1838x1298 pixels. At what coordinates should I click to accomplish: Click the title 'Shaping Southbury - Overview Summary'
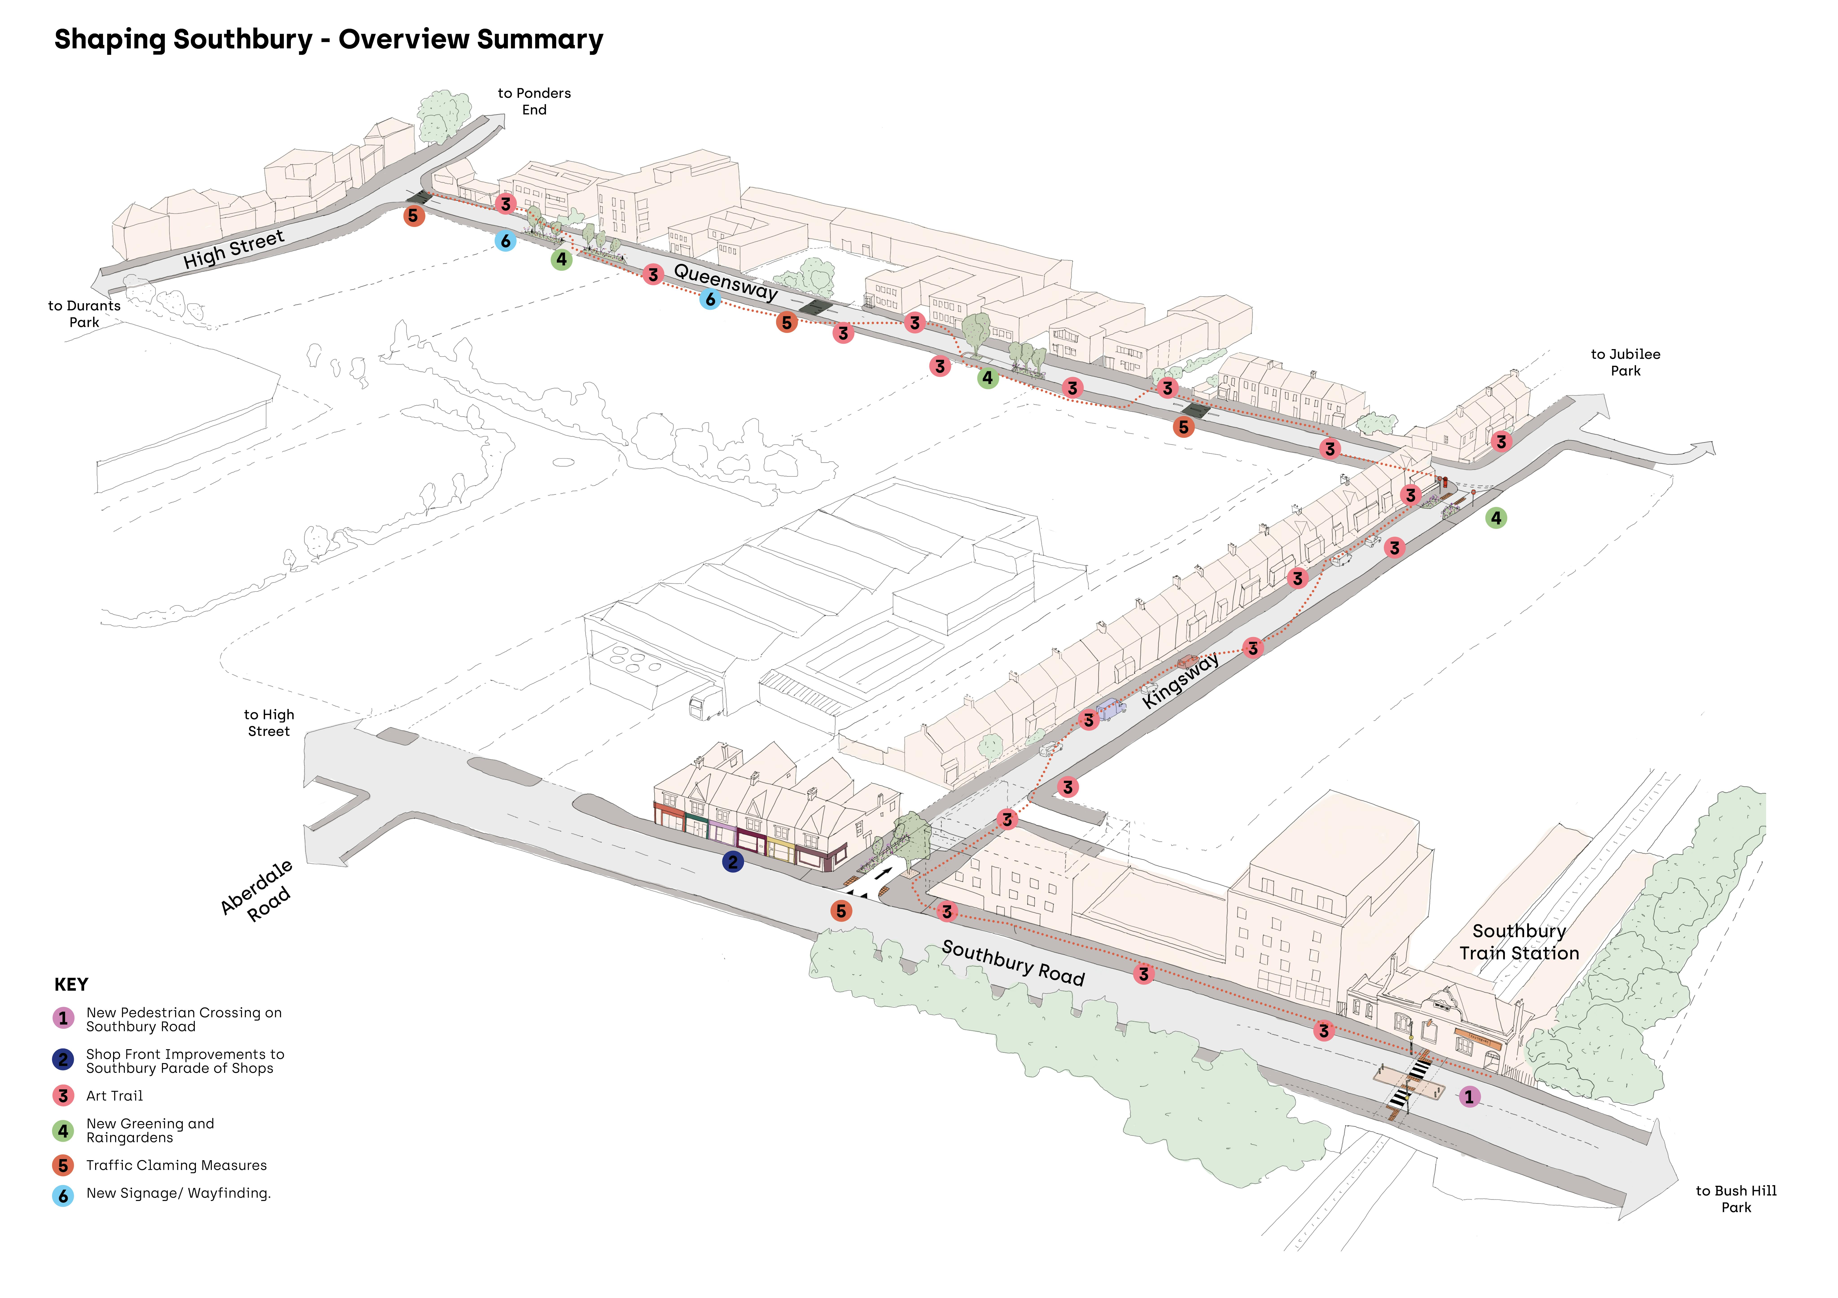pos(328,39)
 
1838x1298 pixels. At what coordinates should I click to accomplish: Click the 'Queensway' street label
pos(725,282)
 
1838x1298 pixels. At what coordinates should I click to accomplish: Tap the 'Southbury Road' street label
pos(1013,963)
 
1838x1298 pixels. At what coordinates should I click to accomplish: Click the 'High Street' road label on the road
pos(234,250)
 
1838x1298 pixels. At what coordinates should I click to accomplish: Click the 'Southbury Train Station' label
pos(1519,942)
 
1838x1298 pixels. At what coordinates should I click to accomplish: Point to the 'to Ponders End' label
pos(534,102)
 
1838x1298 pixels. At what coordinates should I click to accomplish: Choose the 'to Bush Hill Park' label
pos(1735,1199)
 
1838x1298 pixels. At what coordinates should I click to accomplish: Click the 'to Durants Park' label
pos(84,314)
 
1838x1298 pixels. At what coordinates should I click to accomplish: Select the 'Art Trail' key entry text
pos(114,1095)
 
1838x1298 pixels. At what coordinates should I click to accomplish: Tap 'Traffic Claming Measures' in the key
pos(176,1165)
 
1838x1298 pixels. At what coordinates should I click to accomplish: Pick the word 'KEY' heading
pos(71,984)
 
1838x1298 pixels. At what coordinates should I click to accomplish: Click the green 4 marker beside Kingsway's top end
pos(1495,518)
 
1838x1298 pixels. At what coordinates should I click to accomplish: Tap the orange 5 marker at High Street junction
pos(413,215)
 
